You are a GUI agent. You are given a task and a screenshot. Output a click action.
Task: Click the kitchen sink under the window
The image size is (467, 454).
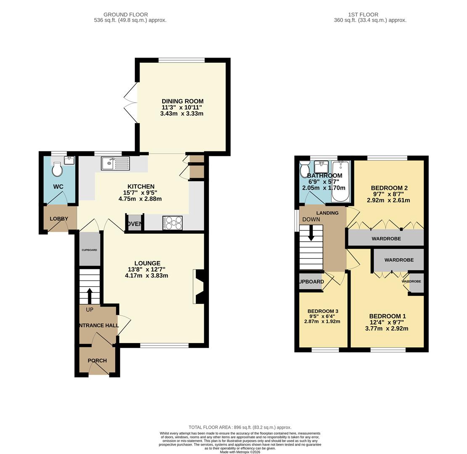coord(115,164)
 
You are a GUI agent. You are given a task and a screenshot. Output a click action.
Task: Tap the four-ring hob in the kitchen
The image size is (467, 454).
coord(172,223)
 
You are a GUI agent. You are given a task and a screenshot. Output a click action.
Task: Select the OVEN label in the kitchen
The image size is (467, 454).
coord(135,224)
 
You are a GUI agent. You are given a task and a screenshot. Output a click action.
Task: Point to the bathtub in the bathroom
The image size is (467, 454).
coord(340,181)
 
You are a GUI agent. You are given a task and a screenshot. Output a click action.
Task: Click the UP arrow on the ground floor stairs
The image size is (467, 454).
coord(90,295)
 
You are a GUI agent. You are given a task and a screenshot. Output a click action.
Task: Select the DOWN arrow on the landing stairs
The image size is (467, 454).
coord(311,233)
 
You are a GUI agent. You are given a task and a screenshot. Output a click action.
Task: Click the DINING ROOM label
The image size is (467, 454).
coord(182,101)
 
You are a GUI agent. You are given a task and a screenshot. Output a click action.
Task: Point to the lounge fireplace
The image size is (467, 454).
coord(198,286)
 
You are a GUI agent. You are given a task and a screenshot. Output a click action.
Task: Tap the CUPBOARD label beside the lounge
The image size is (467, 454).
coord(89,250)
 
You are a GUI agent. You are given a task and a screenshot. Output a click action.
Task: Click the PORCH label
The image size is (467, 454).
coord(97,360)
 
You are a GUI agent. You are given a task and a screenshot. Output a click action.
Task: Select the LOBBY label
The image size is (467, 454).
coord(59,219)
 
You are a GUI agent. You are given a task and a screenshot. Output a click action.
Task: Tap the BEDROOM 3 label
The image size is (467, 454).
coord(323,311)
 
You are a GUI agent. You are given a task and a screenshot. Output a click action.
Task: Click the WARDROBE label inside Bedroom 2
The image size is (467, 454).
coord(386,238)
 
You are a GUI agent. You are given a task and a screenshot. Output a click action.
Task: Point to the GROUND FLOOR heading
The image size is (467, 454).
coord(126,15)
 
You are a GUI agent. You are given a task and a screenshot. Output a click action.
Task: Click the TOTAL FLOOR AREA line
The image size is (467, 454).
coord(240,427)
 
